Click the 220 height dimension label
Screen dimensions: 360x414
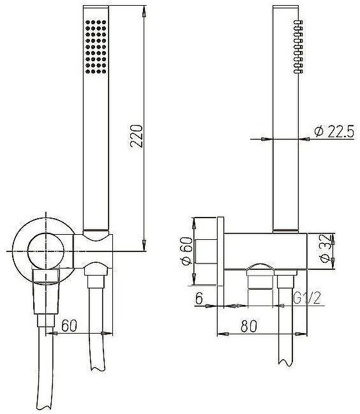(137, 136)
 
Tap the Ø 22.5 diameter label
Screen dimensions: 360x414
(334, 131)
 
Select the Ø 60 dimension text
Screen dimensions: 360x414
(186, 251)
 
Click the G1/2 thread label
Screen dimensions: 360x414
(307, 298)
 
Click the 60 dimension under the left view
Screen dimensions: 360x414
(69, 325)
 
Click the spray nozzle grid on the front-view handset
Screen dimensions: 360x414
(96, 47)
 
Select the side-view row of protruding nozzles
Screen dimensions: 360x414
(298, 47)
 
